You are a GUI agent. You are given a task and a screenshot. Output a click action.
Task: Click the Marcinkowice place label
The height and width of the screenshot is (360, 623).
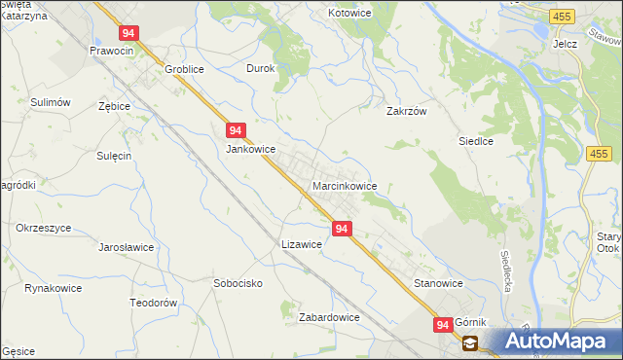pyautogui.click(x=345, y=186)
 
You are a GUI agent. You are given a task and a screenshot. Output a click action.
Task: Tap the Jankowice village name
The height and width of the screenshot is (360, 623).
pyautogui.click(x=251, y=150)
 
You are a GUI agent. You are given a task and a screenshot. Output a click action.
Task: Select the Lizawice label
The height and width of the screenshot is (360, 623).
pyautogui.click(x=301, y=245)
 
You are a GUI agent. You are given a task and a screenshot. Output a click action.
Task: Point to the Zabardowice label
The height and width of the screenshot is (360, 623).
pyautogui.click(x=330, y=317)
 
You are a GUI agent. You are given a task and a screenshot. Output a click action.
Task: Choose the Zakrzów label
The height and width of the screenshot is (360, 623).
pyautogui.click(x=408, y=111)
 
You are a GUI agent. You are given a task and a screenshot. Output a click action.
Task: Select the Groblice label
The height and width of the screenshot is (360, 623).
pyautogui.click(x=188, y=69)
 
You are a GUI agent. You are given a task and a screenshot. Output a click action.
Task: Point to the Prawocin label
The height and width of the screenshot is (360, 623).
pyautogui.click(x=111, y=51)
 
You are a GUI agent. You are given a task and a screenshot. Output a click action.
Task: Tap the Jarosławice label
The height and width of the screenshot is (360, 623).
pyautogui.click(x=127, y=247)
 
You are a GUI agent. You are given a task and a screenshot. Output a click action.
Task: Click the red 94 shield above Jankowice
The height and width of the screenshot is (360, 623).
pyautogui.click(x=236, y=129)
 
